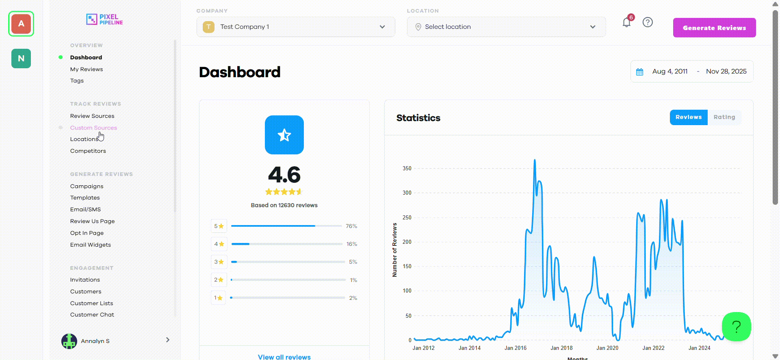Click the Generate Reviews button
click(714, 28)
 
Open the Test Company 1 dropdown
click(295, 27)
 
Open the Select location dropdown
click(506, 27)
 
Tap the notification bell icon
click(626, 22)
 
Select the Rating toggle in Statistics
click(724, 117)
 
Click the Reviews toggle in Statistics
click(688, 117)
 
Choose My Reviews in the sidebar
click(87, 69)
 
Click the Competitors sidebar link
click(88, 151)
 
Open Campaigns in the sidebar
click(87, 186)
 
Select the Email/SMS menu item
click(85, 209)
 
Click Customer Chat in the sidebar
click(92, 314)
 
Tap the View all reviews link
click(284, 357)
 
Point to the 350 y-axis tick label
click(407, 168)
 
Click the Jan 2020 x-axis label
click(607, 348)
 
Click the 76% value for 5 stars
click(351, 226)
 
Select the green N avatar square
click(21, 59)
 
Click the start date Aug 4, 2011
click(669, 72)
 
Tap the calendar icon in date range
click(639, 72)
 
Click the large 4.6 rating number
click(284, 175)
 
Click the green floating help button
click(736, 326)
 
